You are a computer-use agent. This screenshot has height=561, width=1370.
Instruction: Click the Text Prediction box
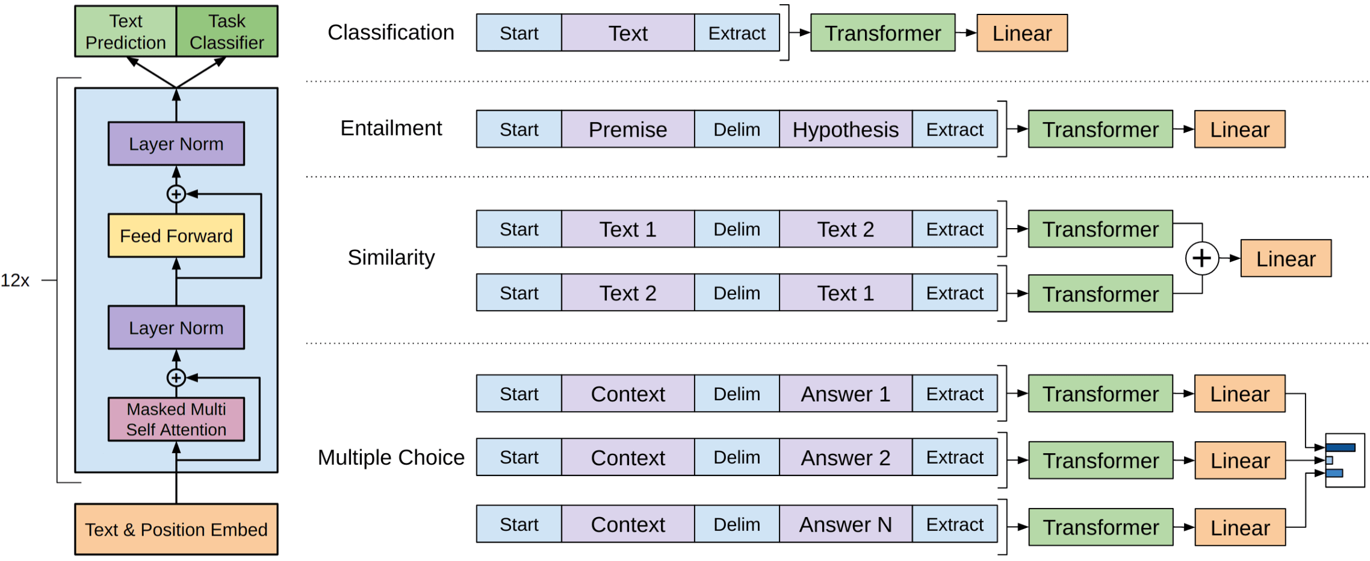tap(125, 31)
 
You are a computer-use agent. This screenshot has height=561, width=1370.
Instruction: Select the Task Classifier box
tap(227, 31)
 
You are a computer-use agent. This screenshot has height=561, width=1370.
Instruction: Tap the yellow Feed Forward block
tap(176, 235)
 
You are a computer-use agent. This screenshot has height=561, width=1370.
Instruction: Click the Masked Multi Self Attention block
tap(176, 419)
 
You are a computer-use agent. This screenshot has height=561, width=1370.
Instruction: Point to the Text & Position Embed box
tap(176, 529)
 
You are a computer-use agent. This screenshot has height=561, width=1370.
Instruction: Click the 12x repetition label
tap(15, 280)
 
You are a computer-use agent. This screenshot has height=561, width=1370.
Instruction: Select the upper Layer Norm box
tap(176, 144)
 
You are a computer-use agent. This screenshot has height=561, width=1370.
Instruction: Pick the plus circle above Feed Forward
tap(176, 194)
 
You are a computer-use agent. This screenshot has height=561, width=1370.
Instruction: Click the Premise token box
tap(628, 129)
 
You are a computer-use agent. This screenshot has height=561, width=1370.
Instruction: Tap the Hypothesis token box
tap(846, 129)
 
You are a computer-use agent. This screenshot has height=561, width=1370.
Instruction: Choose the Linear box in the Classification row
tap(1022, 33)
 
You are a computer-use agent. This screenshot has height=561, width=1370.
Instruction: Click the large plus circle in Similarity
tap(1202, 258)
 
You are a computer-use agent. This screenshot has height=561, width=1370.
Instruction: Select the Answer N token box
tap(846, 524)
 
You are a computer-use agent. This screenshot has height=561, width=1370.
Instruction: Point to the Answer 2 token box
tap(846, 457)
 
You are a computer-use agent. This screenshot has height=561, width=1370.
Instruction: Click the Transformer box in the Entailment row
tap(1100, 129)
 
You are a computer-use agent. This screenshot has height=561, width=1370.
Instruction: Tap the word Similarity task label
tap(391, 258)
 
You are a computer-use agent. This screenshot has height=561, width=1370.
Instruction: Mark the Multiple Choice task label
tap(391, 457)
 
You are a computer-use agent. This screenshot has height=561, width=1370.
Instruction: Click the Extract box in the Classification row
tap(737, 33)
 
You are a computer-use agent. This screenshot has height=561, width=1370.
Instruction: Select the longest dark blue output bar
tap(1341, 447)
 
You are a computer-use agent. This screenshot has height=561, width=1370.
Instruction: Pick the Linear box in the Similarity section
tap(1286, 258)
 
